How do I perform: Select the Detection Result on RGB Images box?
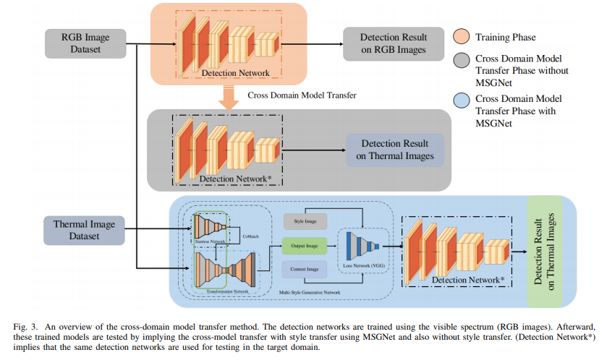click(394, 43)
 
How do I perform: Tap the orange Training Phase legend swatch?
click(459, 37)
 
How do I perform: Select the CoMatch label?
click(250, 233)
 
